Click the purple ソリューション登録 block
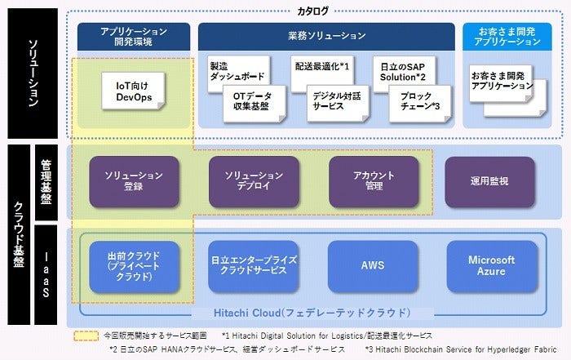pyautogui.click(x=133, y=181)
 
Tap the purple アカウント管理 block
pyautogui.click(x=373, y=181)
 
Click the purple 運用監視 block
pyautogui.click(x=489, y=181)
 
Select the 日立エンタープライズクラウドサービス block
pyautogui.click(x=252, y=266)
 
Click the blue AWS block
pyautogui.click(x=372, y=266)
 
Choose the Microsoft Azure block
pyautogui.click(x=491, y=266)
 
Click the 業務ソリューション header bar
pyautogui.click(x=326, y=36)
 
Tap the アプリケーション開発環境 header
pyautogui.click(x=134, y=36)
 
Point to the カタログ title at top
pyautogui.click(x=314, y=11)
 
